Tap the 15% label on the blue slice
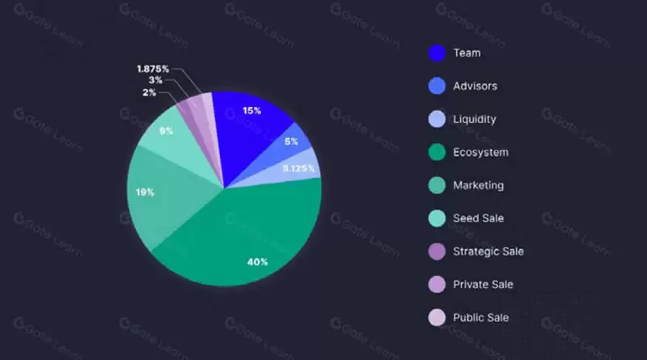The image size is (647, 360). point(252,111)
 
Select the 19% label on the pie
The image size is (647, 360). point(145,193)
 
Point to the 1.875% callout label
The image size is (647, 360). point(152,69)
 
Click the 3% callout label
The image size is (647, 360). point(155,80)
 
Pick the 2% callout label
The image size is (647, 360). point(150,93)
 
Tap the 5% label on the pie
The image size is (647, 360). point(291,142)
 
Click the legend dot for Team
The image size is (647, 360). point(438,53)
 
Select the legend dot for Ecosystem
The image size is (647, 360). point(438,153)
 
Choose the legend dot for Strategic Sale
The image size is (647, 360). point(438,252)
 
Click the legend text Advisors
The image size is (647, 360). point(476,86)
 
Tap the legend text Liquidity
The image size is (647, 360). point(476,119)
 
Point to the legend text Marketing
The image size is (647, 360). point(479,185)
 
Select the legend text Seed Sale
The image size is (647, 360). point(479,218)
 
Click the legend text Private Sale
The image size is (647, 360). point(483,285)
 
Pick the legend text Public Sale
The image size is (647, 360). point(481,318)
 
